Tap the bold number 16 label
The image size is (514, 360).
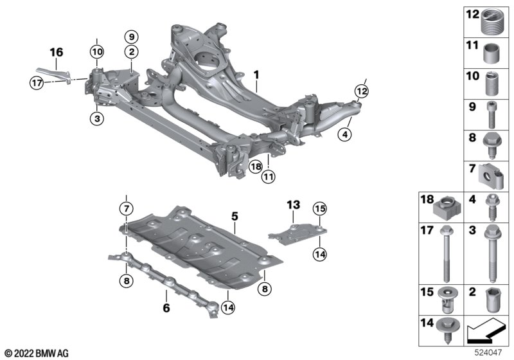57,52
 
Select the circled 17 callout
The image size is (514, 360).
37,82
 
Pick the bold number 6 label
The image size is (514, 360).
167,308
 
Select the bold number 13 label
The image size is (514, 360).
293,205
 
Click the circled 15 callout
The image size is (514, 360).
319,208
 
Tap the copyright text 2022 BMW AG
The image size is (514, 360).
37,352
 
